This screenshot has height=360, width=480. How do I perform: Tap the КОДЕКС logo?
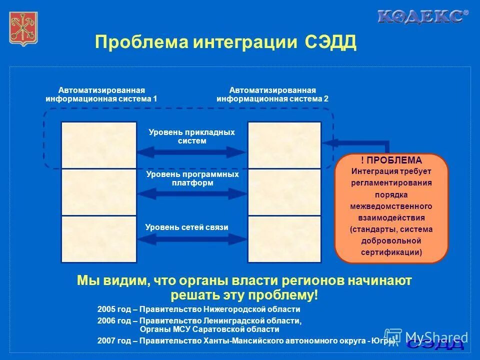[422, 16]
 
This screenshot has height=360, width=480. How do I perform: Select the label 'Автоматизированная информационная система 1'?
[101, 94]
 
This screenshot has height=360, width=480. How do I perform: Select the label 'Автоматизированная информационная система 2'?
[272, 94]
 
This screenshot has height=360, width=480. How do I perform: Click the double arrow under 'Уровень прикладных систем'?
[192, 152]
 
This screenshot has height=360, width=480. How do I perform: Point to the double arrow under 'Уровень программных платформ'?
[192, 193]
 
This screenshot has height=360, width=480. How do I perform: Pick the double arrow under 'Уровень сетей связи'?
[192, 238]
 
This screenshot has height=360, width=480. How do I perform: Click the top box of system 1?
[98, 144]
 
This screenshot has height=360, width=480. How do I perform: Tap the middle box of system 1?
[98, 192]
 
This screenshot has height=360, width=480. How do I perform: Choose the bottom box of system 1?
[98, 239]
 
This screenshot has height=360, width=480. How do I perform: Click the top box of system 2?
[284, 144]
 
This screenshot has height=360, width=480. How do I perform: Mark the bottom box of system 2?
[284, 239]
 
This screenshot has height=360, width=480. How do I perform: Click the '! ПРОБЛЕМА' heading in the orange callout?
[391, 160]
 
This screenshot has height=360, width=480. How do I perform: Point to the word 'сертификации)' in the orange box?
[391, 252]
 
